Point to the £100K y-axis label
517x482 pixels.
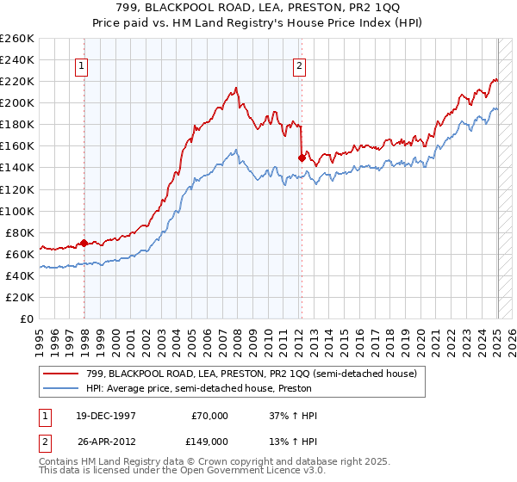[17, 211]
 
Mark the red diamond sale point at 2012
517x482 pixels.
[302, 158]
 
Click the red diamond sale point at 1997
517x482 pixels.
[84, 243]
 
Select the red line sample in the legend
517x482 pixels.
[62, 374]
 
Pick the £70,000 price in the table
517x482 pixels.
[209, 415]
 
